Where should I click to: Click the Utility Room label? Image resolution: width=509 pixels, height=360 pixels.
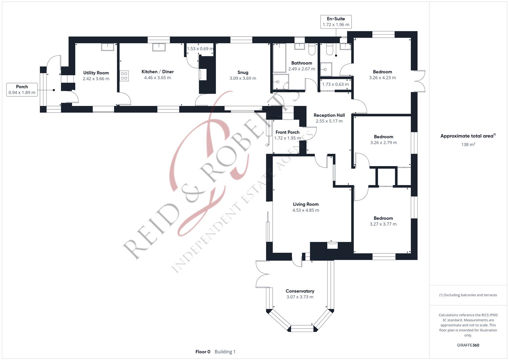pyautogui.click(x=96, y=73)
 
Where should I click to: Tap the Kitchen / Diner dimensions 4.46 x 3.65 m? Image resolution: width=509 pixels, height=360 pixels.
pyautogui.click(x=157, y=78)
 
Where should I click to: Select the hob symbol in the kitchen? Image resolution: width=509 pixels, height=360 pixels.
pyautogui.click(x=124, y=76)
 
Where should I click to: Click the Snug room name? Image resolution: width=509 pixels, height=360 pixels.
pyautogui.click(x=243, y=73)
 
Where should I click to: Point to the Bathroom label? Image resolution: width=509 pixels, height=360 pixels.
pyautogui.click(x=302, y=63)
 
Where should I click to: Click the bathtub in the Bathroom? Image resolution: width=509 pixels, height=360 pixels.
pyautogui.click(x=279, y=58)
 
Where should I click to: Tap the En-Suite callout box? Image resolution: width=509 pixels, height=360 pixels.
pyautogui.click(x=336, y=22)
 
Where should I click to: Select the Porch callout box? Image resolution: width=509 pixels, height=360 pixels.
pyautogui.click(x=22, y=90)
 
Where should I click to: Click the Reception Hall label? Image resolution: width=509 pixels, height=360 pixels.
pyautogui.click(x=329, y=115)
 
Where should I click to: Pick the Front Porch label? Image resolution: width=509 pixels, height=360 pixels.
pyautogui.click(x=287, y=132)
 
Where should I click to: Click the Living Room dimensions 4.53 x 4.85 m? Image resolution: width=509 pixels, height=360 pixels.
pyautogui.click(x=306, y=210)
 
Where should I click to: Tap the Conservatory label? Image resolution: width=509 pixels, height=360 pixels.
pyautogui.click(x=300, y=291)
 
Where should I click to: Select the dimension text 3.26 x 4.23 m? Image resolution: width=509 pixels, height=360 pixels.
pyautogui.click(x=382, y=78)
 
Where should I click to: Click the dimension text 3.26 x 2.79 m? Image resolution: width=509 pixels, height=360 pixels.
pyautogui.click(x=383, y=143)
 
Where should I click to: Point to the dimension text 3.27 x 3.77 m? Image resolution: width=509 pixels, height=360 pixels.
pyautogui.click(x=383, y=224)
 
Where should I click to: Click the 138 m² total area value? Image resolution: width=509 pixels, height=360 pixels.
pyautogui.click(x=468, y=144)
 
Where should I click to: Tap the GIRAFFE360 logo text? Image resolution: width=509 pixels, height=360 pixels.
pyautogui.click(x=468, y=345)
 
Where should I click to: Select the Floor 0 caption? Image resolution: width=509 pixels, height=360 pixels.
pyautogui.click(x=203, y=352)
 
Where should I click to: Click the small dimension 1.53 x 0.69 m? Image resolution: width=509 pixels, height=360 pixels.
pyautogui.click(x=200, y=49)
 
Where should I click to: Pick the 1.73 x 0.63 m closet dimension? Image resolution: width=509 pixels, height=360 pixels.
pyautogui.click(x=335, y=84)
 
